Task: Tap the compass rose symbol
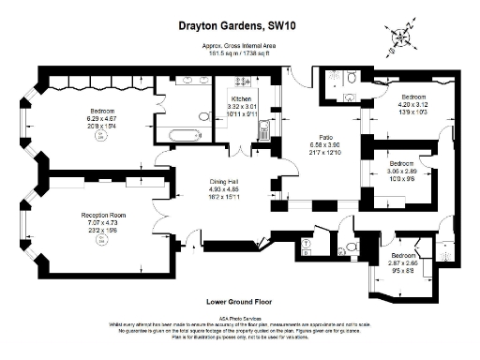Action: point(402,38)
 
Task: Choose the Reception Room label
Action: point(103,215)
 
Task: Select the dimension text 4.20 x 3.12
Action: point(414,105)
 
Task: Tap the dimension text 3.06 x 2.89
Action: point(400,171)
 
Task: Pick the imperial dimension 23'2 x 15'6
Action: point(103,232)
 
